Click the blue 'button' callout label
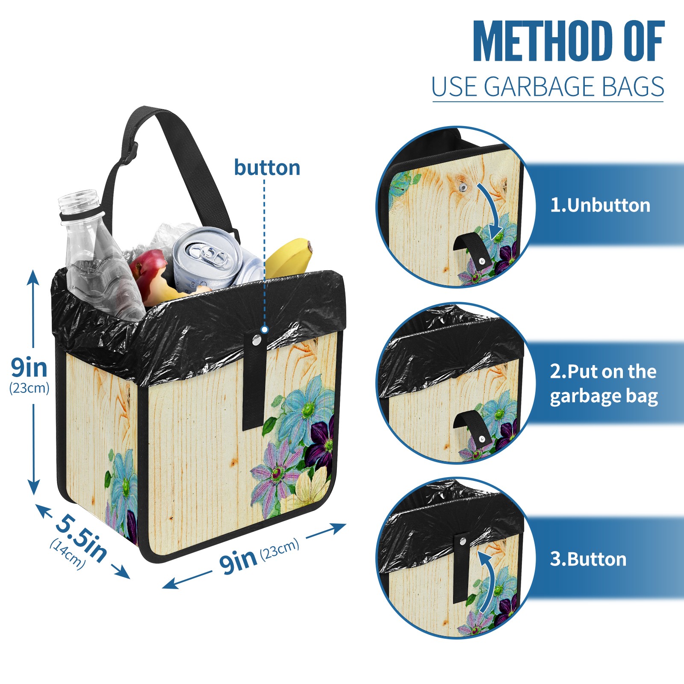point(267,168)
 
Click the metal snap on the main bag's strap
point(256,340)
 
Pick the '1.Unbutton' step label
point(600,205)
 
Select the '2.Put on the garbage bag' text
point(604,384)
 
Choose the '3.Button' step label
point(588,559)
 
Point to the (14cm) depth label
point(68,554)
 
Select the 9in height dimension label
point(29,367)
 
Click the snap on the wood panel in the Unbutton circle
point(463,187)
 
